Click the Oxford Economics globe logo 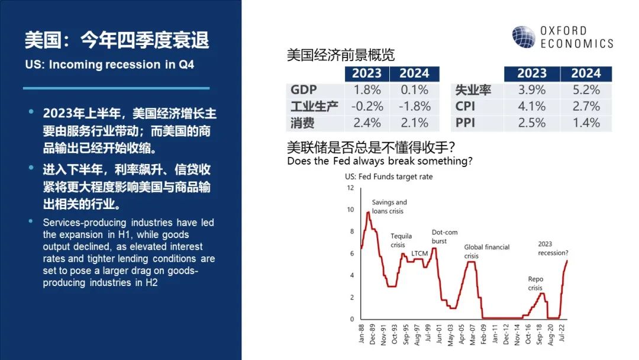[524, 37]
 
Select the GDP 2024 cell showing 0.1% [414, 89]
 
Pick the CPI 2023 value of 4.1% [531, 107]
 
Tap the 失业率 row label [473, 89]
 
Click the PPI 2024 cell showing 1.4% [586, 123]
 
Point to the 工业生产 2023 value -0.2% [367, 107]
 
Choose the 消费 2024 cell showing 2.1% [414, 123]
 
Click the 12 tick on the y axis [350, 188]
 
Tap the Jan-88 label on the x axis [361, 333]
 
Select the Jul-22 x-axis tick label [561, 333]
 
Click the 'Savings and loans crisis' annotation [389, 206]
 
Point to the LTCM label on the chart [419, 253]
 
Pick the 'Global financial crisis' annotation [486, 251]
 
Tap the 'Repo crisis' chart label [535, 284]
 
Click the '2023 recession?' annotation [553, 248]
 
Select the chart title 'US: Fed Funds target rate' [389, 176]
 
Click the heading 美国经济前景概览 [341, 54]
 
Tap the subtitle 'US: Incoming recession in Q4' [109, 65]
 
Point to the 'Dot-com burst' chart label [444, 236]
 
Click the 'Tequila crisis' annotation [401, 240]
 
